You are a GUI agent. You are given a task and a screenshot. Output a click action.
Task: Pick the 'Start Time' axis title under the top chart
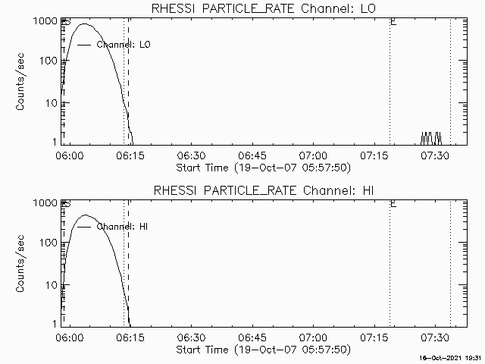pyautogui.click(x=262, y=167)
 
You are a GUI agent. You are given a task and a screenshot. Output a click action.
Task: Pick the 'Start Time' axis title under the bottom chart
pyautogui.click(x=262, y=350)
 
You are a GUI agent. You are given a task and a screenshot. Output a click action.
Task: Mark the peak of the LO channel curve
pyautogui.click(x=85, y=24)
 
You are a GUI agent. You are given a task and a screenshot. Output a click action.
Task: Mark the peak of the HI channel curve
pyautogui.click(x=86, y=215)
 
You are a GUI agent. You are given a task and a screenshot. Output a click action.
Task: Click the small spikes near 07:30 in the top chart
pyautogui.click(x=431, y=138)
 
